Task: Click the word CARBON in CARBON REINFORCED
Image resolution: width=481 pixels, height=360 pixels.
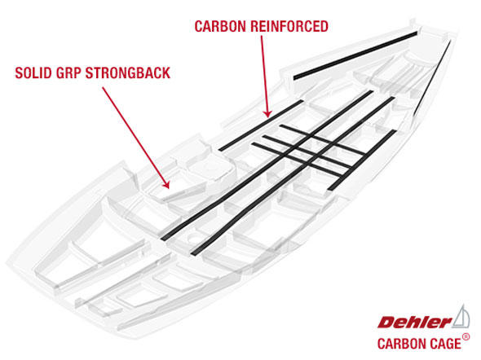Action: pos(220,26)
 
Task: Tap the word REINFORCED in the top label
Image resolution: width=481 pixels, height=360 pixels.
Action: pos(289,26)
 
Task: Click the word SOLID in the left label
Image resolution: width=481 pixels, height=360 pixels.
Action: pos(33,73)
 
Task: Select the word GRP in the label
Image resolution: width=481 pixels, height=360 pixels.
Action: pos(68,73)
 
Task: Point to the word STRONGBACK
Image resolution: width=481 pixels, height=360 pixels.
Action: pos(128,73)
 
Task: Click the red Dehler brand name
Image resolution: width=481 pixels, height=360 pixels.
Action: pos(415,323)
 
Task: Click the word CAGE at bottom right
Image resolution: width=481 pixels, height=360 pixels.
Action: pos(445,344)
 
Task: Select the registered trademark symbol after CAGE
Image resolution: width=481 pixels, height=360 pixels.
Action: pos(466,337)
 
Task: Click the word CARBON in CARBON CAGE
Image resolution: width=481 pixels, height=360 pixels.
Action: pos(402,344)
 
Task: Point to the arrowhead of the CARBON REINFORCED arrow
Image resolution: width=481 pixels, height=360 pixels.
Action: pos(267,114)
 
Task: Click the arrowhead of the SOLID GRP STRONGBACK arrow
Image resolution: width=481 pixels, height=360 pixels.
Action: pos(166,185)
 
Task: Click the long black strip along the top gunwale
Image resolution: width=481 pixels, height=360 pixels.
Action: pos(355,55)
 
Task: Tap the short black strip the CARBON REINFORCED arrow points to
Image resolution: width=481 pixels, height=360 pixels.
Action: pos(261,125)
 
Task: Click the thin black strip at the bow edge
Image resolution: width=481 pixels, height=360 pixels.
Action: pos(432,78)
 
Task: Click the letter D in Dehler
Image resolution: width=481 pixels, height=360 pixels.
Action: pos(386,323)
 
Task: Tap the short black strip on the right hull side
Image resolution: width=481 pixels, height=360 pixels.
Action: pos(362,160)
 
